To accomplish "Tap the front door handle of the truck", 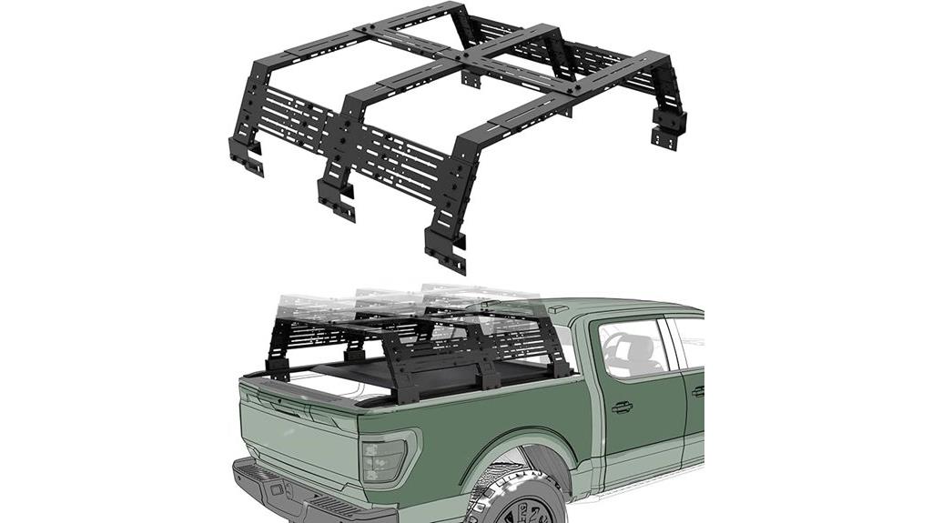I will click(x=623, y=407).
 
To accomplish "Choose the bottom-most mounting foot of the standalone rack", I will click(x=445, y=250).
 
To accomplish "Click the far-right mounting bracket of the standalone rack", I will click(x=668, y=128).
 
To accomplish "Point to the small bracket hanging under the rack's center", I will click(x=471, y=79).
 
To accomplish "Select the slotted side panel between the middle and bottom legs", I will click(x=400, y=160).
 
